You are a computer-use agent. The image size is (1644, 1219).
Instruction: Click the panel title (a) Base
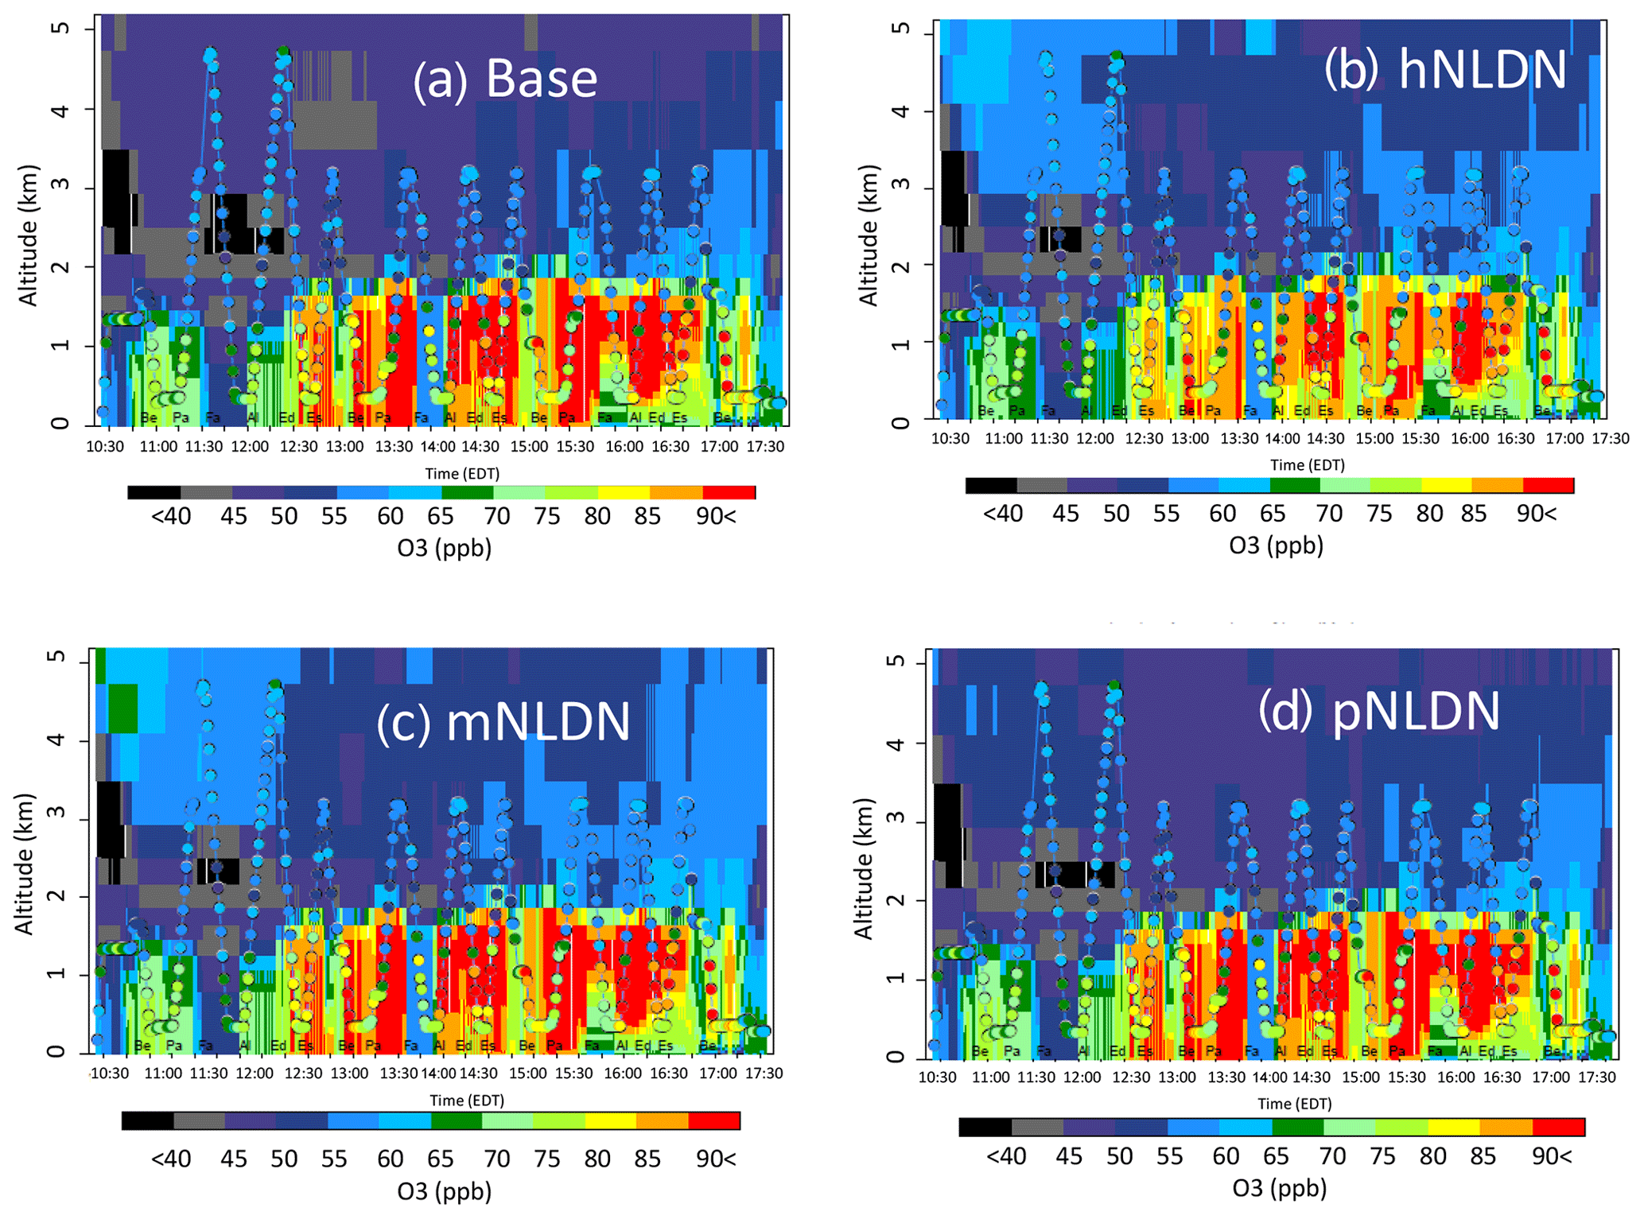[x=504, y=79]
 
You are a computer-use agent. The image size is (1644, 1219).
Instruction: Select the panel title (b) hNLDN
[x=1444, y=70]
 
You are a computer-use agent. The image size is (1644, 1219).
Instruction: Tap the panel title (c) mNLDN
[x=503, y=721]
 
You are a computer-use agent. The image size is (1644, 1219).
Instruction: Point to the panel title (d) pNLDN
[x=1378, y=710]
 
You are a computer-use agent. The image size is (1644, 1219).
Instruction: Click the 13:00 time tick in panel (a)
[x=344, y=447]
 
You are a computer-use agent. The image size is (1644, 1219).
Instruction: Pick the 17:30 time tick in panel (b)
[x=1610, y=439]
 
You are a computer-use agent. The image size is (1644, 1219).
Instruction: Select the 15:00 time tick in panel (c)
[x=528, y=1073]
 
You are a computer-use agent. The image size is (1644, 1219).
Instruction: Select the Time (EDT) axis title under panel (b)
[x=1307, y=465]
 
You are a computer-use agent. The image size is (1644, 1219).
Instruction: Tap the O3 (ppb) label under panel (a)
[x=444, y=548]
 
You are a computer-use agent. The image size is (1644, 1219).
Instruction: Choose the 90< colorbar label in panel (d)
[x=1551, y=1156]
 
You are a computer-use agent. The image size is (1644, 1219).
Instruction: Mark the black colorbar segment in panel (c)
[x=148, y=1120]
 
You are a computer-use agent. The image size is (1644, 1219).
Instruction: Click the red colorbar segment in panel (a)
[x=729, y=493]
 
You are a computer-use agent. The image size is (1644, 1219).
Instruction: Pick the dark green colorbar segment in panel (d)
[x=1298, y=1127]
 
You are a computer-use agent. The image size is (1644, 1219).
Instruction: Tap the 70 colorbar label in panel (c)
[x=496, y=1159]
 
